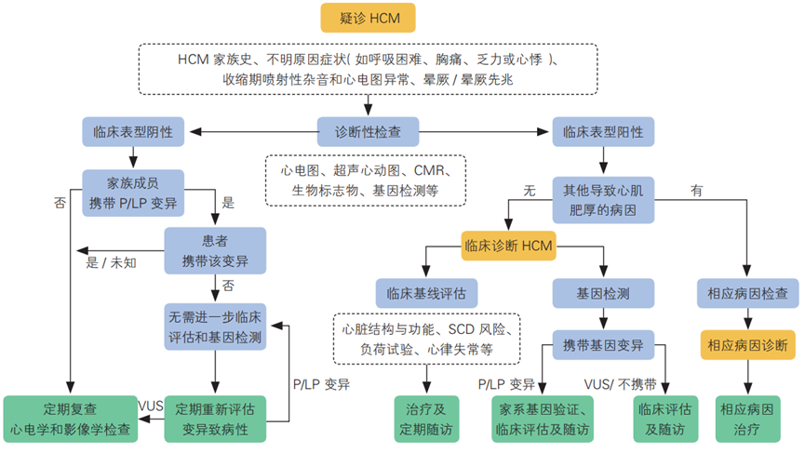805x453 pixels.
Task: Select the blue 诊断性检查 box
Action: (368, 131)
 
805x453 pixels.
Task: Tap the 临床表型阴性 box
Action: (132, 131)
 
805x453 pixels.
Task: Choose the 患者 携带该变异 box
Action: (215, 250)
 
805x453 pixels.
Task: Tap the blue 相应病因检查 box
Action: (747, 294)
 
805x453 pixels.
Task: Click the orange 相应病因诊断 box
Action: (747, 345)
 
